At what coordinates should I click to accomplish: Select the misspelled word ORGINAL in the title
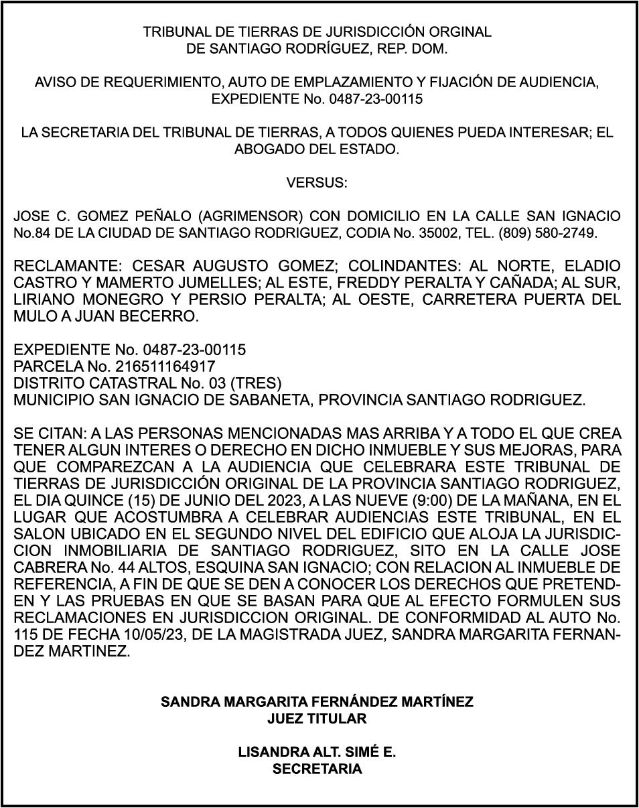click(461, 31)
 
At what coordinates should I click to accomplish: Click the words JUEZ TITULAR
click(317, 719)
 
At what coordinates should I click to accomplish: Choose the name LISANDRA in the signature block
click(273, 752)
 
